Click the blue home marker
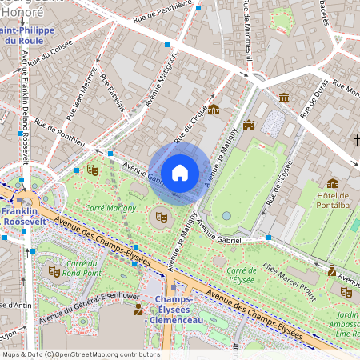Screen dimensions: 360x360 tap(180, 173)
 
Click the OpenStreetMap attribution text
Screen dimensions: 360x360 tap(81, 354)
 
